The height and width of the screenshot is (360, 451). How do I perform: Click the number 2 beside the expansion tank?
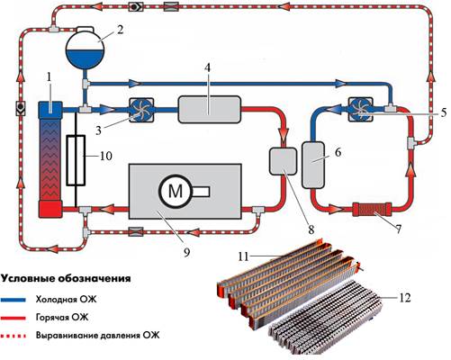pos(120,31)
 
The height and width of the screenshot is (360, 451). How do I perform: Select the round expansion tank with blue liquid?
pos(86,48)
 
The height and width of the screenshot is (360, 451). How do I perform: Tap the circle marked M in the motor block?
pos(175,191)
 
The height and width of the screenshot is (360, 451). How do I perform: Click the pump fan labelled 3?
pos(141,110)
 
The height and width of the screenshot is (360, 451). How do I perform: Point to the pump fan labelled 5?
pos(361,109)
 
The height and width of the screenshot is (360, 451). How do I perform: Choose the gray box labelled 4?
pos(209,109)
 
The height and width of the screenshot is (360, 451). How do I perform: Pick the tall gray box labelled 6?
pos(313,165)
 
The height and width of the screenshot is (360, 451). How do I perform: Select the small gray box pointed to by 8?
pos(284,161)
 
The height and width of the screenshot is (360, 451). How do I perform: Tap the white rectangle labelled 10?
pos(76,160)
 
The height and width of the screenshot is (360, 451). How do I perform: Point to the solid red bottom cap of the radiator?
pos(50,209)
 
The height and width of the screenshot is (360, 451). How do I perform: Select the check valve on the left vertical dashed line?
pos(21,108)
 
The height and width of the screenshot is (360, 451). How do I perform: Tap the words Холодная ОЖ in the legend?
pos(66,300)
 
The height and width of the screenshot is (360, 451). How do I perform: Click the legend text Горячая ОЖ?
pos(62,317)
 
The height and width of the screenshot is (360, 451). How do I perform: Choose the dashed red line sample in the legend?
pos(14,336)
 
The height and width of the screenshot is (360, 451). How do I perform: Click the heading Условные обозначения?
pos(66,279)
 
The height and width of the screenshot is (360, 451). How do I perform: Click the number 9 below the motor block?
pos(186,253)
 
